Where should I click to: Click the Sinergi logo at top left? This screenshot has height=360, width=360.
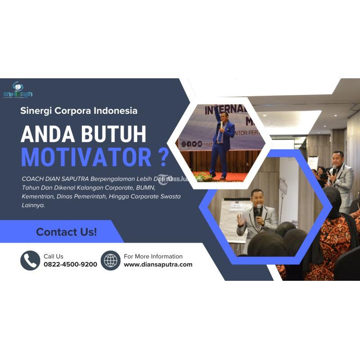click(x=18, y=90)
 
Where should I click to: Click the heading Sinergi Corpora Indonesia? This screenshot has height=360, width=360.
click(x=79, y=110)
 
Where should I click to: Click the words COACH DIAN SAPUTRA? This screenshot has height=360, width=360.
click(x=54, y=178)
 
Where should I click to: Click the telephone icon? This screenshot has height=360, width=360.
click(x=30, y=261)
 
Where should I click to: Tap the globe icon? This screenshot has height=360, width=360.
click(x=110, y=261)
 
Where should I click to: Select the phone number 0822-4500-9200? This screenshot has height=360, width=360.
click(x=70, y=265)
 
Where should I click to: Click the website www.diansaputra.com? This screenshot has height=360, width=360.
click(x=158, y=265)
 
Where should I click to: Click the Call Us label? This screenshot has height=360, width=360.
click(x=54, y=256)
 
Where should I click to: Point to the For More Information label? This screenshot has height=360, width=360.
click(x=153, y=256)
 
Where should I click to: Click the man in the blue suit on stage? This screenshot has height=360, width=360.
click(x=222, y=144)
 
